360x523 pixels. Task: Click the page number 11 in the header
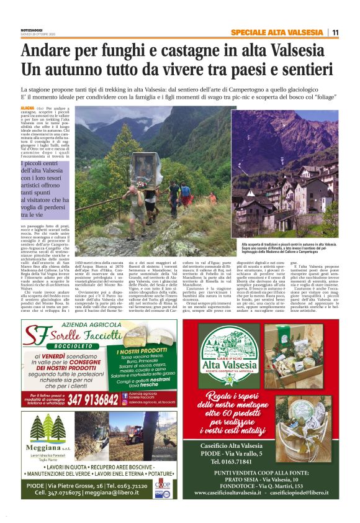pyautogui.click(x=335, y=32)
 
